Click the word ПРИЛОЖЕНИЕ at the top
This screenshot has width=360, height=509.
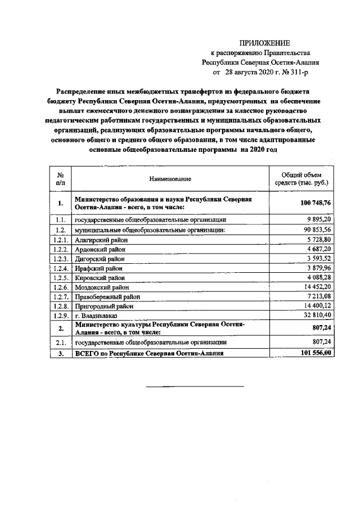click(x=264, y=43)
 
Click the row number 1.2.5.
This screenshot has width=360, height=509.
click(x=60, y=278)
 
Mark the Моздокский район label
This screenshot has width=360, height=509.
click(x=102, y=287)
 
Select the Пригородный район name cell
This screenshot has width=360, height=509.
click(x=104, y=306)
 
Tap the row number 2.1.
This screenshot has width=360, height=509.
click(x=60, y=342)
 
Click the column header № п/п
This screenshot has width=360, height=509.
click(x=60, y=179)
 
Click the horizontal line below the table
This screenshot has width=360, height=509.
click(x=195, y=387)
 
